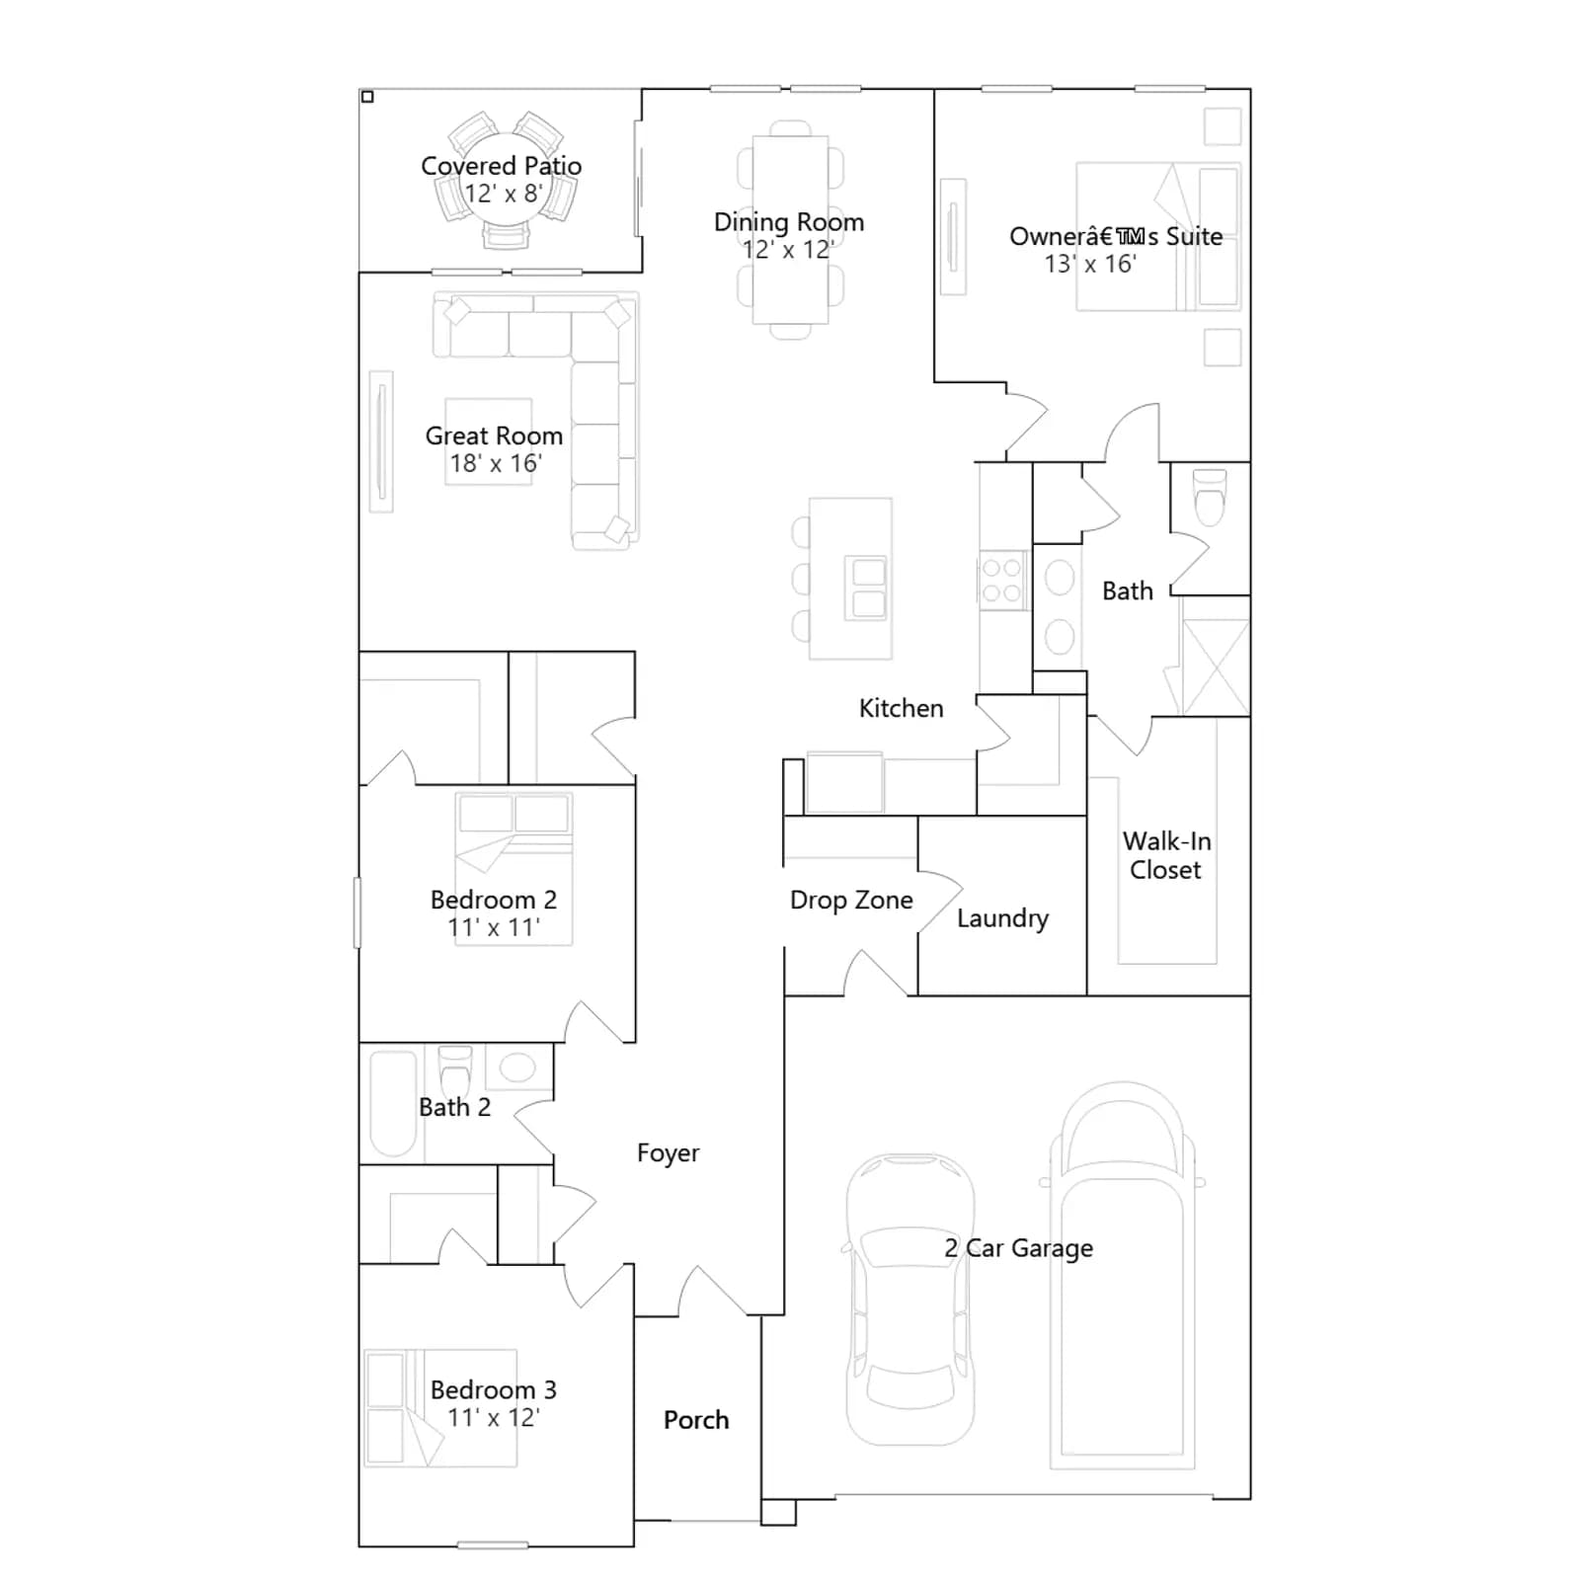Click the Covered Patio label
click(501, 166)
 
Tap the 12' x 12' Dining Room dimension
click(788, 250)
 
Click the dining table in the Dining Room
click(790, 229)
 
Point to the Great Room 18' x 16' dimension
click(496, 463)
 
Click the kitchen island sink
click(869, 588)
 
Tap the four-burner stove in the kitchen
click(1002, 581)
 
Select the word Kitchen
click(901, 708)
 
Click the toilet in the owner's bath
click(1211, 497)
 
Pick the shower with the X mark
click(1216, 668)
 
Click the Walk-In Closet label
click(1166, 855)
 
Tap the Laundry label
click(1002, 918)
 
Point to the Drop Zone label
click(851, 900)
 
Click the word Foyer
click(668, 1153)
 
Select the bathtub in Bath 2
click(393, 1103)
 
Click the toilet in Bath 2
click(455, 1068)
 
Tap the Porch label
click(696, 1420)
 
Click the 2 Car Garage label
click(1019, 1248)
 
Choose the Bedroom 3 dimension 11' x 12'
click(494, 1418)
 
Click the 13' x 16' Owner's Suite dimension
click(1090, 264)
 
